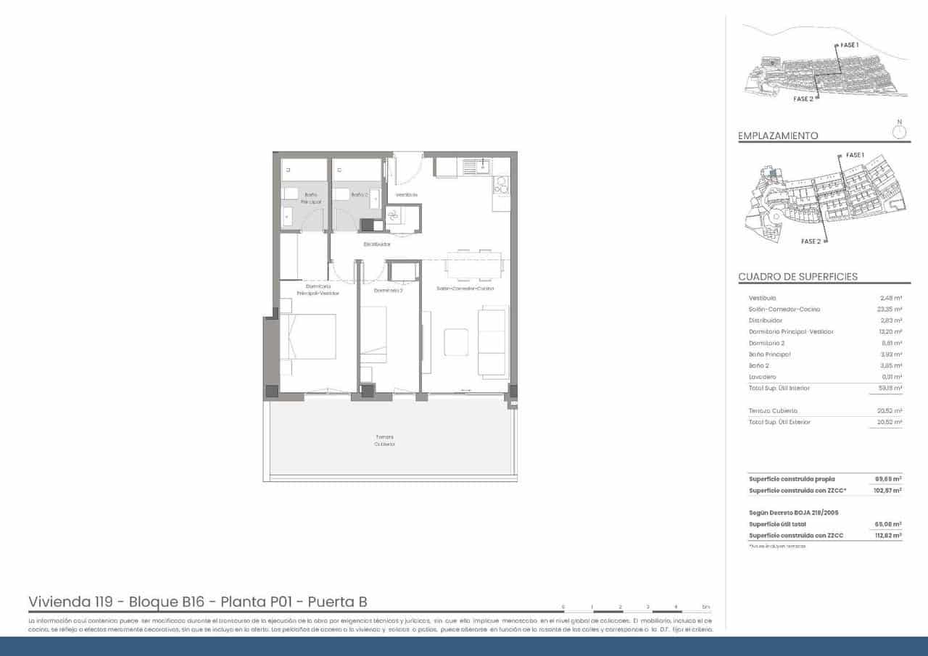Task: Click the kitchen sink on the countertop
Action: coord(477,167)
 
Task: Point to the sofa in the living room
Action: coord(493,342)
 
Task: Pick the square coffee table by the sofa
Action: coord(456,342)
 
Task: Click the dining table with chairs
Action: coord(474,265)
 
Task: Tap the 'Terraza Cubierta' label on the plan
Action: coord(385,441)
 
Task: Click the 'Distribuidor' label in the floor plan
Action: coord(377,244)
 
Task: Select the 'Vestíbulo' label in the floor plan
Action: coord(406,195)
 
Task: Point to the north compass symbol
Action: coord(899,131)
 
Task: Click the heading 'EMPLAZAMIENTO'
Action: coord(778,136)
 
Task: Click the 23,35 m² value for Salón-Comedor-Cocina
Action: coord(889,310)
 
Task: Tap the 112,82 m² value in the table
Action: coord(888,536)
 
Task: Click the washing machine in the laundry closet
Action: coord(395,217)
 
